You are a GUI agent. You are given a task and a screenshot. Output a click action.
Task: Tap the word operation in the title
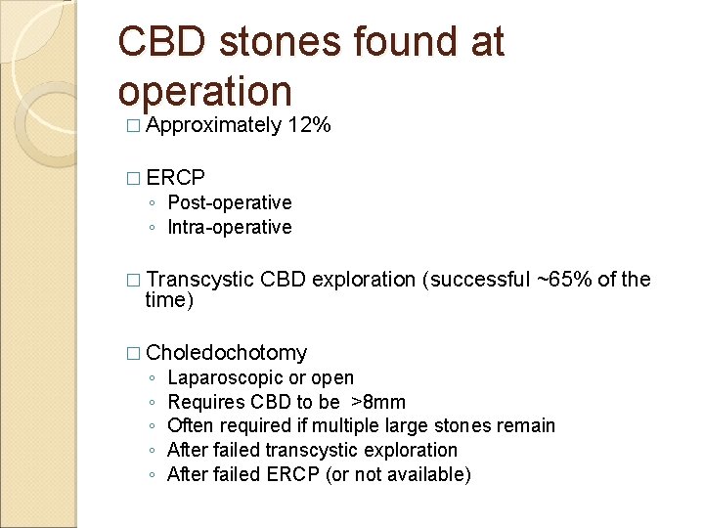pos(204,91)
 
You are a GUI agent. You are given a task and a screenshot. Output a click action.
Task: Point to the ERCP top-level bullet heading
pos(177,178)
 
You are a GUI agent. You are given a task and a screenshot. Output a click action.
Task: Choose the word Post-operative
pos(230,202)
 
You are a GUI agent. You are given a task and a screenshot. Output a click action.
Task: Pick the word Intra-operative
pos(230,227)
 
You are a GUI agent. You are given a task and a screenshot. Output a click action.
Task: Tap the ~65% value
pos(563,280)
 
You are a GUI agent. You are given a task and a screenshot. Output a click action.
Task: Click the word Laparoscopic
pos(221,378)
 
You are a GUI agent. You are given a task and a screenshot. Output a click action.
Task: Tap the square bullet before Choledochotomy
pos(133,354)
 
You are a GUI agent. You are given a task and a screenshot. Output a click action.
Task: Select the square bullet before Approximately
pos(133,126)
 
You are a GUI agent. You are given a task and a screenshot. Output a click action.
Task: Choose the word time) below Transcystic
pos(170,300)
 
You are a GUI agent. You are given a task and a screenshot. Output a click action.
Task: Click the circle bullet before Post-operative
pos(153,203)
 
